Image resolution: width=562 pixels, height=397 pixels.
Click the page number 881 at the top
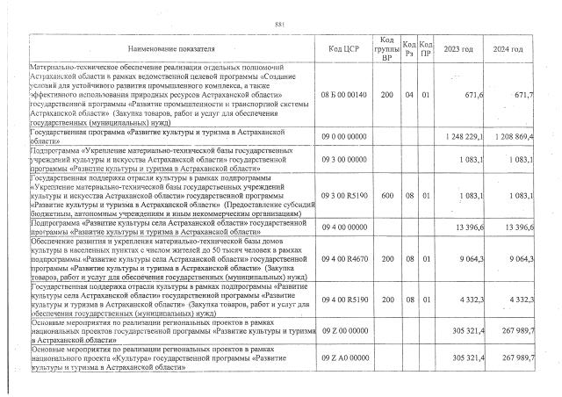(280, 24)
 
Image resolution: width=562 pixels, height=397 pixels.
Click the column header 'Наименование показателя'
(164, 49)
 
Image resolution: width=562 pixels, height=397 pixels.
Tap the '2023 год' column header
(459, 49)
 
